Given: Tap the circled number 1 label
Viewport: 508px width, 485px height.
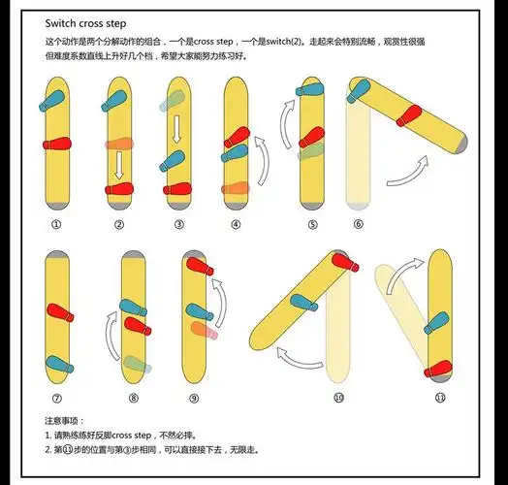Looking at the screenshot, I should coord(56,224).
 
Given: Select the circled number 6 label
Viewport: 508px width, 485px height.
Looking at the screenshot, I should coord(358,224).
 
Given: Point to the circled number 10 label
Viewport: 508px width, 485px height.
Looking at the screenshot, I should coord(338,398).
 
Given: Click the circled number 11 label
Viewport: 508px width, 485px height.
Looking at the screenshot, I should coord(440,398).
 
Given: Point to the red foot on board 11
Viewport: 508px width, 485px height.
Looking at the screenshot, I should coord(438,369).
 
